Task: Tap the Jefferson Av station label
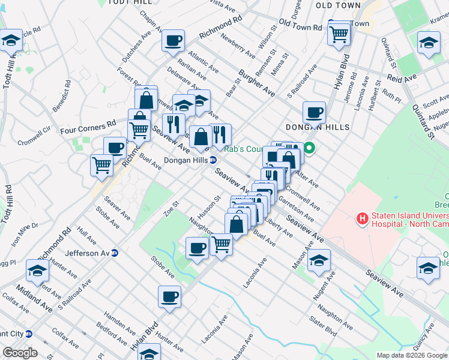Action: [x=90, y=253]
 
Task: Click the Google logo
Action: [x=21, y=353]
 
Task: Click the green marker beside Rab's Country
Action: [x=310, y=147]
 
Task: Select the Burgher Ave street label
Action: [x=256, y=85]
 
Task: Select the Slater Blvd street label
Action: [x=323, y=323]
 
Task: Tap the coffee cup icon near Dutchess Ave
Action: [x=173, y=41]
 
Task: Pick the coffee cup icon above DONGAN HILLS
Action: [x=314, y=112]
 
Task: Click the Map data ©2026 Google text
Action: [x=411, y=355]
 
